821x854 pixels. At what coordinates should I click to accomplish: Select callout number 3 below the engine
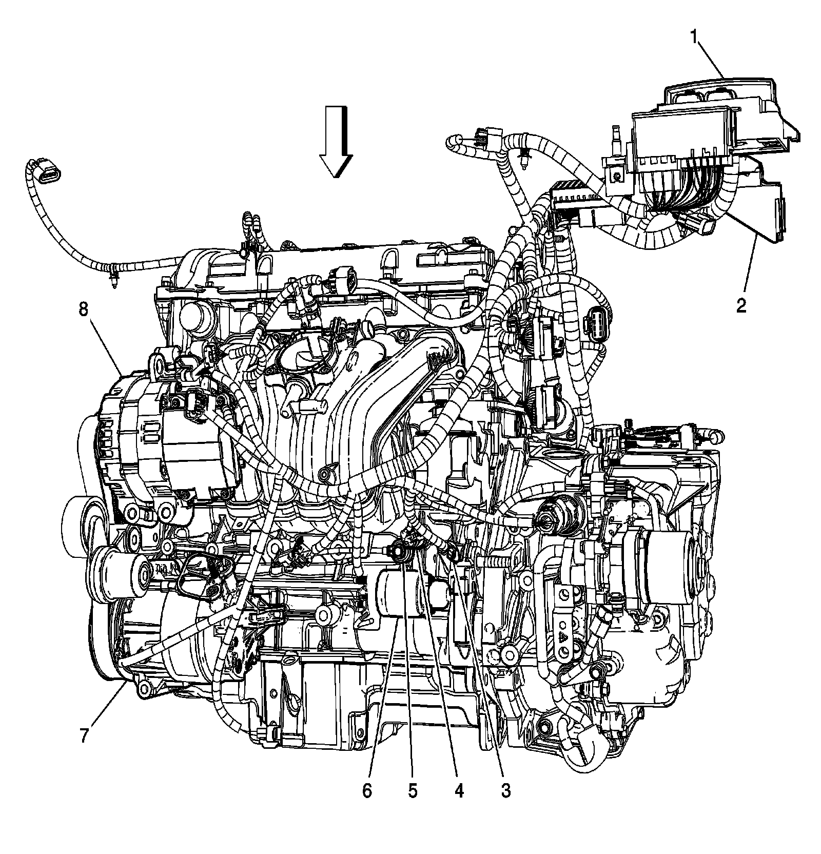coord(505,791)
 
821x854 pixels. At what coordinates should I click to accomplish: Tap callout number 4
coord(459,791)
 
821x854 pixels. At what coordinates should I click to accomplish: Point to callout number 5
coord(413,791)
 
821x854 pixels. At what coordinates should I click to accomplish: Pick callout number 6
coord(367,791)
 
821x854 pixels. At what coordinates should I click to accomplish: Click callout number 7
coord(84,735)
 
